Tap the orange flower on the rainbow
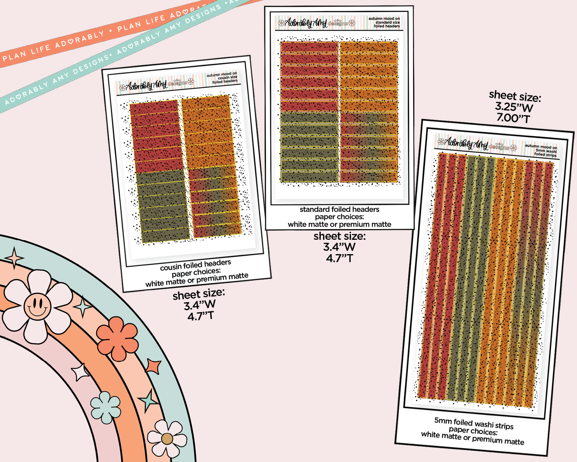coord(117,338)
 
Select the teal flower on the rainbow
coord(105,407)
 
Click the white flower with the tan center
coord(167,438)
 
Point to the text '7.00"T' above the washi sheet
coord(513,118)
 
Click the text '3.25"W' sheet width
coord(514,107)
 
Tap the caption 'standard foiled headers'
coord(339,209)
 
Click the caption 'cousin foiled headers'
coord(195,265)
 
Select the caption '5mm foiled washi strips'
coord(474,423)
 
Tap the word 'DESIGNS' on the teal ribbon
coord(92,63)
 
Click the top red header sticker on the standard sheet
coord(309,47)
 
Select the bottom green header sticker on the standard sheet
coord(309,177)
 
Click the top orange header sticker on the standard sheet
coord(368,47)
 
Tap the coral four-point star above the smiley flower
coord(14,257)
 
